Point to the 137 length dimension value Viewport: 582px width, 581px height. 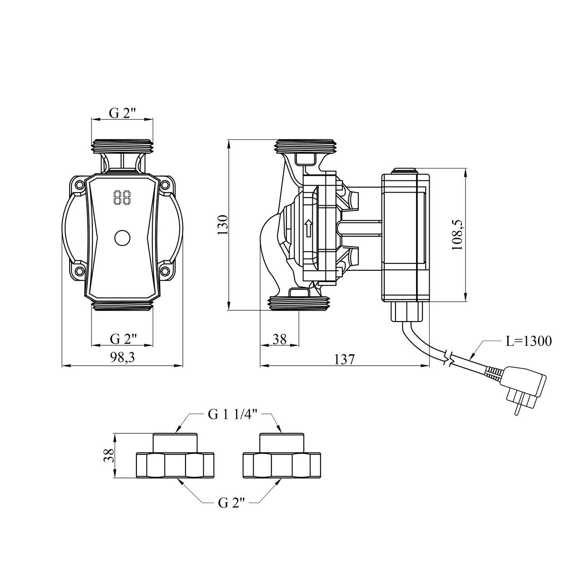(x=344, y=359)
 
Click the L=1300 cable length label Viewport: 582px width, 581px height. (x=528, y=341)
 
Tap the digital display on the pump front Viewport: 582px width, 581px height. (x=122, y=197)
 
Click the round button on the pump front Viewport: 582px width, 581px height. (x=122, y=238)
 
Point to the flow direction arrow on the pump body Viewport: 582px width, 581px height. (x=308, y=228)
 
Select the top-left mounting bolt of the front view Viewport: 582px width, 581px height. (x=80, y=184)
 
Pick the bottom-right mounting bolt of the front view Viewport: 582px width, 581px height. (x=165, y=270)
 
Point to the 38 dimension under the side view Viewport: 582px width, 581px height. (x=279, y=339)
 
